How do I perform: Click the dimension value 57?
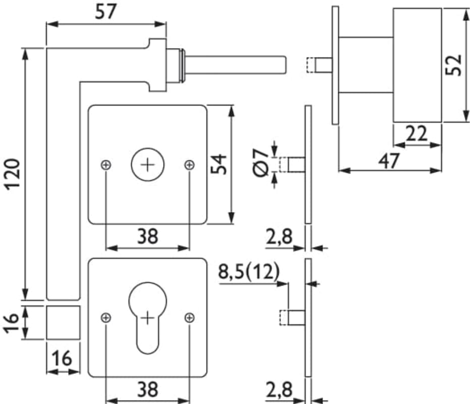(x=106, y=12)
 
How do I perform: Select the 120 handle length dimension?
(x=13, y=174)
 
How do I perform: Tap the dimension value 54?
(x=218, y=164)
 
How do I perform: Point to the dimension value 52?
(x=453, y=65)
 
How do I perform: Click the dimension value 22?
(x=416, y=134)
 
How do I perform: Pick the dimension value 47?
(x=389, y=161)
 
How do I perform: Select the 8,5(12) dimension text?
(x=248, y=272)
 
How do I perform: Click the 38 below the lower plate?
(x=147, y=389)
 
